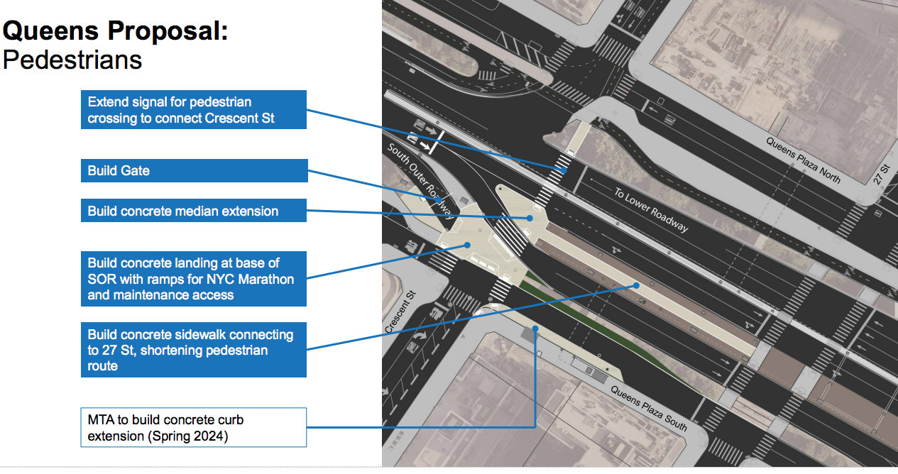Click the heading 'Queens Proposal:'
(116, 31)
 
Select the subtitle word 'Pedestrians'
(72, 60)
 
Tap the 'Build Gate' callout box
(194, 170)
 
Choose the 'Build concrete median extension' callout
(194, 211)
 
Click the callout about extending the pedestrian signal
(194, 110)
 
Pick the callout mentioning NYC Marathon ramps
(194, 279)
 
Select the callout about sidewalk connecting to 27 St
(194, 350)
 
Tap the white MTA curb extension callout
(194, 427)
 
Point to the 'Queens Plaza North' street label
(803, 160)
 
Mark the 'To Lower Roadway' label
(651, 210)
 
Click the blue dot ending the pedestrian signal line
(564, 170)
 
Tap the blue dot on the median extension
(530, 218)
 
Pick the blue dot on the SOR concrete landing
(467, 245)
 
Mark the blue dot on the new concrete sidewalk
(637, 285)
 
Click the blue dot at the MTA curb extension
(535, 329)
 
